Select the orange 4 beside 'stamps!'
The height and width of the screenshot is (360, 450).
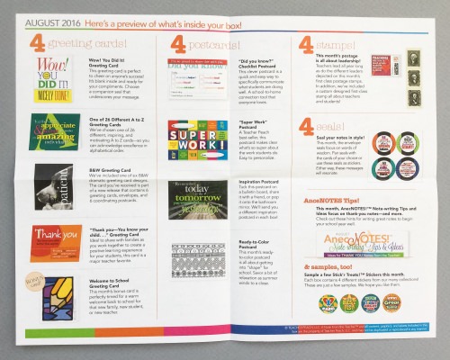tap(308, 47)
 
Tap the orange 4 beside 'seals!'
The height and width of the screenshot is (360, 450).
tap(308, 127)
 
